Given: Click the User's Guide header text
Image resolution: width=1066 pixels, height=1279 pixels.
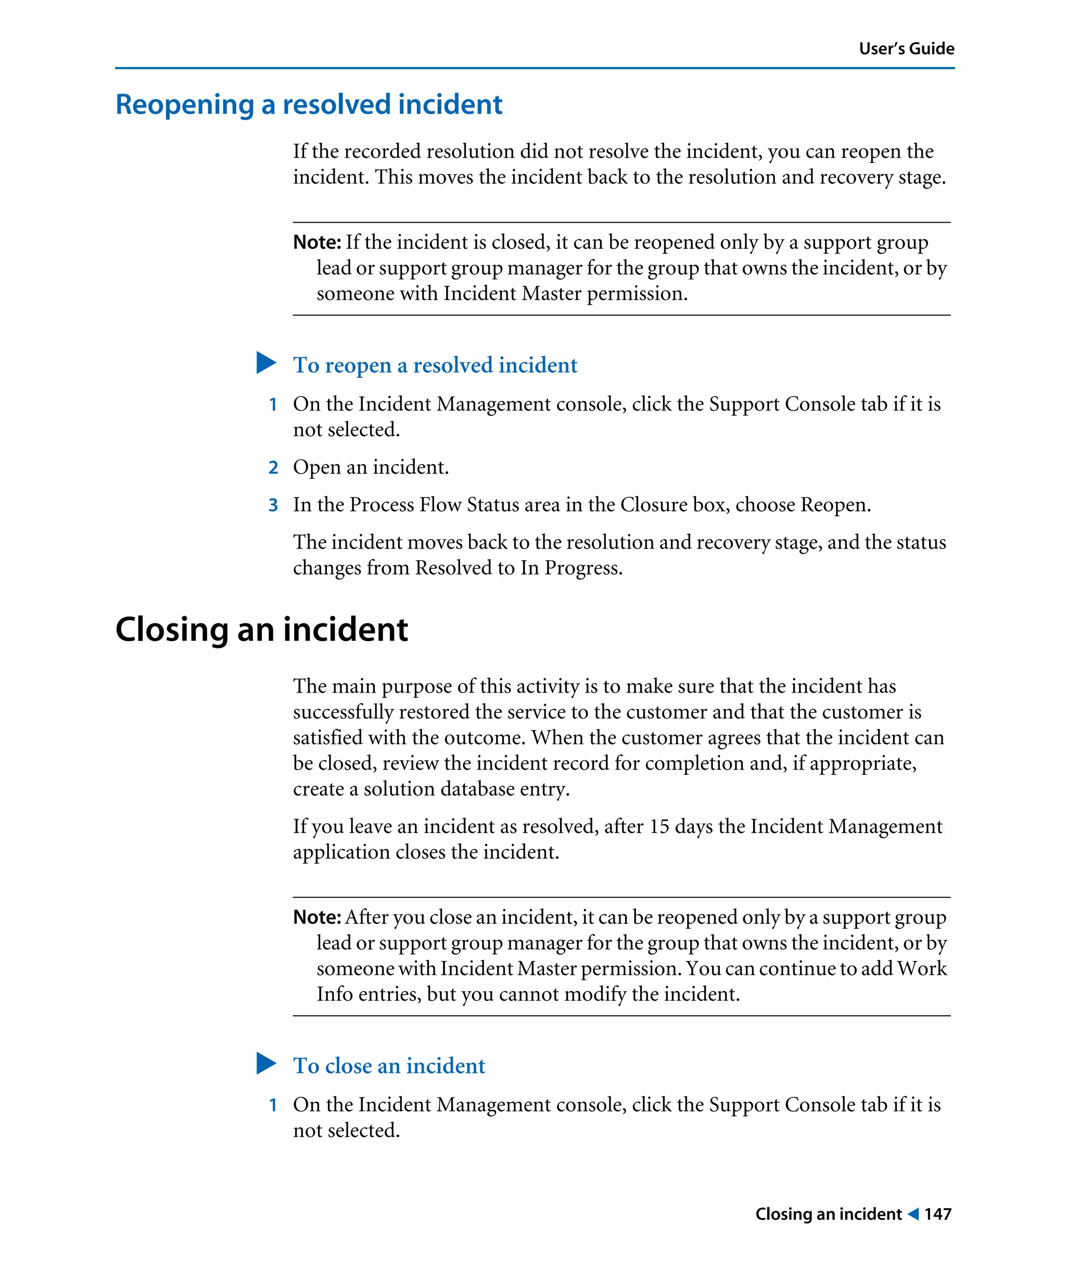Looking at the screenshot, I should (x=906, y=49).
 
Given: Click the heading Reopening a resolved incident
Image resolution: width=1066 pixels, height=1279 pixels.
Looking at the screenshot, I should (x=308, y=105).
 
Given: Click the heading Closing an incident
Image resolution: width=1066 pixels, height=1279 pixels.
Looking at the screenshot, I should (x=261, y=629).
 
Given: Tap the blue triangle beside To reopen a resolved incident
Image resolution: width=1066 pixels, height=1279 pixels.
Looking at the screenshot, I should (x=265, y=363).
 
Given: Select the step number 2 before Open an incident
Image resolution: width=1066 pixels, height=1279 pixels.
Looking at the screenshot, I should (x=273, y=468).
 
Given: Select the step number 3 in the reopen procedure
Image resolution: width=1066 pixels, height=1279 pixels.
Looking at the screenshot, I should (x=273, y=505).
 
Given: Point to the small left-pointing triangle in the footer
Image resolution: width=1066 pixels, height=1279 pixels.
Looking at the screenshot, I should (x=912, y=1214).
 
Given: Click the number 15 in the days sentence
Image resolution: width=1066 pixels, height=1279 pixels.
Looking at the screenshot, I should (x=659, y=826).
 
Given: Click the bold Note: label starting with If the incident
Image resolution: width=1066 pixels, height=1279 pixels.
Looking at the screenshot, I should (x=317, y=242).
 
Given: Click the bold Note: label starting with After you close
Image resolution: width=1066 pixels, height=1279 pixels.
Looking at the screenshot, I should (x=317, y=917).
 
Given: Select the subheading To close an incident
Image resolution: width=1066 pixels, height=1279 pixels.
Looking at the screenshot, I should (x=389, y=1066).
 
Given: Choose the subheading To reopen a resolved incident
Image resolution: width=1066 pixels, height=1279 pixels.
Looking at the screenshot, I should (x=435, y=365).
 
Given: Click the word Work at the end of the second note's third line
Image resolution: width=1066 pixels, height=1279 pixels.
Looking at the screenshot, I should (x=922, y=968).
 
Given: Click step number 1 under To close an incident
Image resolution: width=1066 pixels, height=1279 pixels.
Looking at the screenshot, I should (x=273, y=1105).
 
